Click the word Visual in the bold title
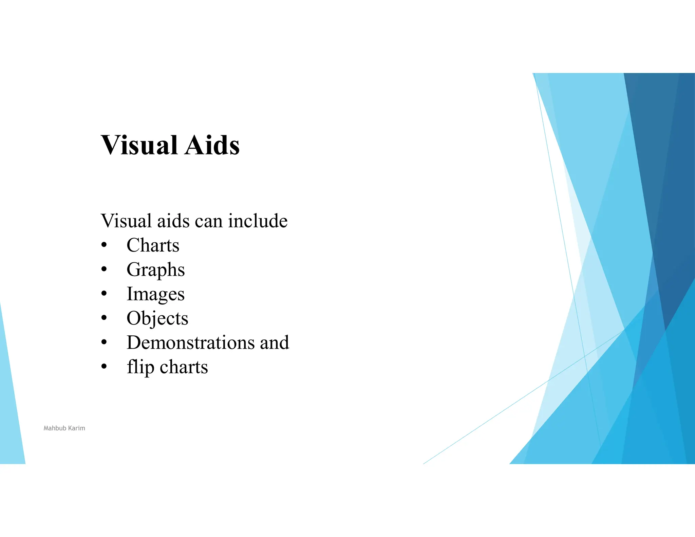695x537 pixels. point(139,145)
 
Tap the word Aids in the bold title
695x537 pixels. point(212,145)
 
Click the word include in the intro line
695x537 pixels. point(258,221)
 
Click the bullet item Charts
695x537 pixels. point(153,245)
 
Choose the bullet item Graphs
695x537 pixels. point(155,270)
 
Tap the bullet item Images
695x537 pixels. point(155,294)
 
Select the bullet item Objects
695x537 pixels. point(157,318)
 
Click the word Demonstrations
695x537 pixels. point(191,342)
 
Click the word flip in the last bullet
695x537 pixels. point(140,367)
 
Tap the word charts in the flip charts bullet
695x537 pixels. point(184,367)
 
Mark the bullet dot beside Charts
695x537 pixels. point(104,245)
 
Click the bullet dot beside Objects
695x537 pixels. point(104,318)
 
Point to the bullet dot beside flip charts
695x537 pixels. point(104,367)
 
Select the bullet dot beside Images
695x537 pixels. point(104,294)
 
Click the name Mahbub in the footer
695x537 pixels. point(55,428)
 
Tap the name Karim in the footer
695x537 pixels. point(76,428)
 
